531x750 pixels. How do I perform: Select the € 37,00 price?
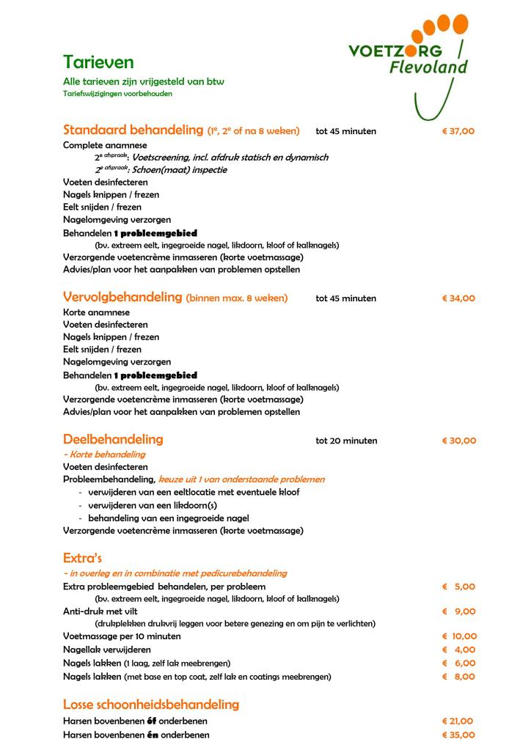tap(458, 131)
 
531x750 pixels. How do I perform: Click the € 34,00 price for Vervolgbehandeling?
tap(458, 298)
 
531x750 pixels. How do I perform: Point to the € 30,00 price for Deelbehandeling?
tap(458, 441)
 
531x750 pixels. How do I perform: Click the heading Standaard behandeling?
tap(133, 130)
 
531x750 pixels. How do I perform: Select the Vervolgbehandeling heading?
tap(122, 298)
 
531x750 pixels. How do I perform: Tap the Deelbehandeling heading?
tap(113, 440)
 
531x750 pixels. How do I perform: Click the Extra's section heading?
tap(82, 558)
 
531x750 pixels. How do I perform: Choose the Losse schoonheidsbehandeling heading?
tap(151, 705)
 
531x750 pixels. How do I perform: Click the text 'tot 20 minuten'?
tap(346, 441)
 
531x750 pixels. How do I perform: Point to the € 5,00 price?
tap(459, 587)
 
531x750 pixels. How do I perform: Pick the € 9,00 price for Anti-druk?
tap(459, 611)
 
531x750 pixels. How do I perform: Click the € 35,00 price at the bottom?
tap(458, 735)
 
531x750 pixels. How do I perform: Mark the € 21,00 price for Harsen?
tap(458, 721)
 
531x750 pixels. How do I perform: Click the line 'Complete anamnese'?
tap(105, 145)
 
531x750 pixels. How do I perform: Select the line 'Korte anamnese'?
tap(96, 312)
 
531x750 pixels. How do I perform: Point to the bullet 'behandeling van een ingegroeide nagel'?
tap(168, 518)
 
